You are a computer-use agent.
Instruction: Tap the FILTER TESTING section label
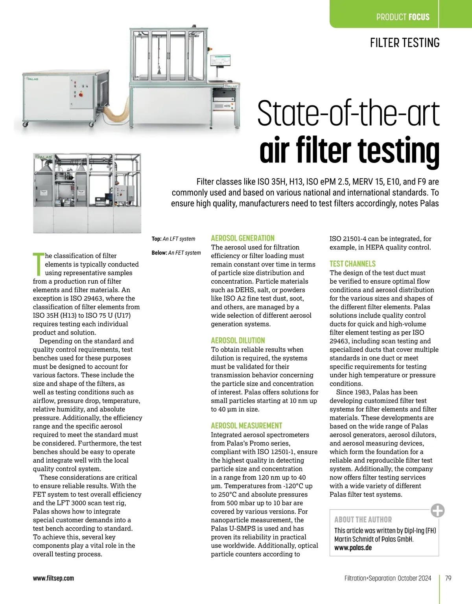(404, 42)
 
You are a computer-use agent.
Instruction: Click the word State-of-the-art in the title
(348, 113)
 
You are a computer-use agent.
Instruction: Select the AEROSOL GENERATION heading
(243, 238)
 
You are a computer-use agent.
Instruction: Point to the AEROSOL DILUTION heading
(238, 340)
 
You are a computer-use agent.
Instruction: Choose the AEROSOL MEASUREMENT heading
(247, 426)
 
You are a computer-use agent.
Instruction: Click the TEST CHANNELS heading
(352, 264)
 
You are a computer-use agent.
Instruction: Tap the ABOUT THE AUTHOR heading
(363, 519)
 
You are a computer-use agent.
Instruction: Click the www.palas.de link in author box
(353, 548)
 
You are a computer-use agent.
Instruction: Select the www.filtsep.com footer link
(53, 578)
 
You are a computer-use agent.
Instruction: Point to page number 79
(448, 578)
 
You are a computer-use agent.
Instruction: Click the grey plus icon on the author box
(437, 510)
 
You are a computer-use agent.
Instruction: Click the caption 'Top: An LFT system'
(173, 238)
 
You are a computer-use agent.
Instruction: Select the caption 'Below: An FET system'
(176, 253)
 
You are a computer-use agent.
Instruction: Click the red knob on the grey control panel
(81, 94)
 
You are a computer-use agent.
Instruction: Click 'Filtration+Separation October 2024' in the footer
(387, 578)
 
